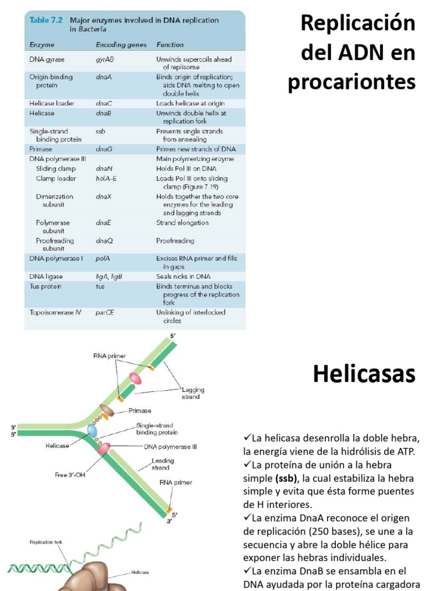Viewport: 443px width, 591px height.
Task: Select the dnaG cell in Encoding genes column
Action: pyautogui.click(x=104, y=149)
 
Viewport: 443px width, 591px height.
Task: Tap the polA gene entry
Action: pyautogui.click(x=103, y=259)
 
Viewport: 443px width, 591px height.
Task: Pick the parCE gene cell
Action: pyautogui.click(x=105, y=312)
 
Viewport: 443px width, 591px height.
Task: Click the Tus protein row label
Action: pyautogui.click(x=46, y=286)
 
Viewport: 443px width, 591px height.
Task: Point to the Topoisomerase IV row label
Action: pyautogui.click(x=55, y=312)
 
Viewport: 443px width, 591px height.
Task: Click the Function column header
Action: pyautogui.click(x=170, y=44)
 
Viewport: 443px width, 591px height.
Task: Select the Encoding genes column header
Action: pyautogui.click(x=121, y=44)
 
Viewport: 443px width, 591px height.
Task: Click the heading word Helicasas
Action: pyautogui.click(x=364, y=375)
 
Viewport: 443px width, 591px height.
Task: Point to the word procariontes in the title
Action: pyautogui.click(x=351, y=82)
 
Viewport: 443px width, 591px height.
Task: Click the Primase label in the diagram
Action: pyautogui.click(x=140, y=410)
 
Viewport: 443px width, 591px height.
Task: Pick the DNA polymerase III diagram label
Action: pyautogui.click(x=170, y=446)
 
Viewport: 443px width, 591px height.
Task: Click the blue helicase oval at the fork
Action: pyautogui.click(x=92, y=431)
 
